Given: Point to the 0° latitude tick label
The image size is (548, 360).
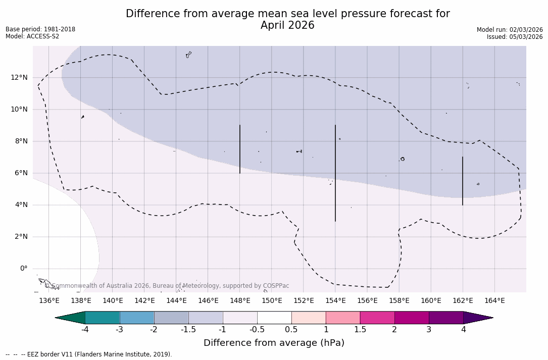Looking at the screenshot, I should tap(24, 269).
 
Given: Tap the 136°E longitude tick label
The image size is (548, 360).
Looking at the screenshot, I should tap(49, 301).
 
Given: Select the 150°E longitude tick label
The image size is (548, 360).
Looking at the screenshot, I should tap(272, 301).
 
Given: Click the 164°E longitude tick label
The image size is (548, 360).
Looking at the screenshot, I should tap(494, 301).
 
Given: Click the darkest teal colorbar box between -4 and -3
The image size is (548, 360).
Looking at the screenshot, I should tap(103, 318).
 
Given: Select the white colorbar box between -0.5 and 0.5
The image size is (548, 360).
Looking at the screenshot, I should tap(274, 318).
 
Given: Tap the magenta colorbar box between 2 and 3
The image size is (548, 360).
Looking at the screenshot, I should tap(412, 318).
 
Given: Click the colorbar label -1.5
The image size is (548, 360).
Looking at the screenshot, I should tap(188, 330).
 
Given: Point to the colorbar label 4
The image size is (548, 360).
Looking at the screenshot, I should tap(463, 330).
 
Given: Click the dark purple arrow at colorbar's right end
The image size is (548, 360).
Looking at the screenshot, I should tap(477, 318).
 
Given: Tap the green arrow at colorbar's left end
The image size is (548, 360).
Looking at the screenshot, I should tap(71, 318).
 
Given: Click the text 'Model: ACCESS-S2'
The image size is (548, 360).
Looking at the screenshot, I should tap(32, 36).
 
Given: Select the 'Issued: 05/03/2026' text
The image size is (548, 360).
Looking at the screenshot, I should tap(515, 37).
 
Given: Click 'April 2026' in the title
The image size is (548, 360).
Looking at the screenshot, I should tap(287, 25).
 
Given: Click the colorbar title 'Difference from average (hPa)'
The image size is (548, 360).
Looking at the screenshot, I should tap(274, 343).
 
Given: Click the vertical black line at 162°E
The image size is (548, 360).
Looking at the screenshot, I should tap(463, 181).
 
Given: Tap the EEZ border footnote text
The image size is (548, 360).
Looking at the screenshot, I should tap(89, 354).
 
